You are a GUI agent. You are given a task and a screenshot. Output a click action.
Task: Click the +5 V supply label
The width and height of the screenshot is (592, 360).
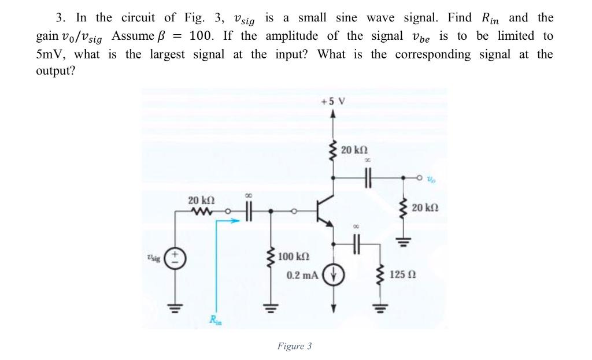click(332, 101)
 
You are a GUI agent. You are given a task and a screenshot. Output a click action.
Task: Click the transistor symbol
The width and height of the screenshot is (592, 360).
click(326, 212)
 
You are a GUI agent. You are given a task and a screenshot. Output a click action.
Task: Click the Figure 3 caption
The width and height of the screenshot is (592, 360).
click(294, 346)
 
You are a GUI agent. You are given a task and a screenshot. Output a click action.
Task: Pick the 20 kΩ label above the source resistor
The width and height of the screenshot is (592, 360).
click(202, 200)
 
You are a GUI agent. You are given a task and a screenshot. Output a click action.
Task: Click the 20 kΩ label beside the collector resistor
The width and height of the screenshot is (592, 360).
click(354, 150)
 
